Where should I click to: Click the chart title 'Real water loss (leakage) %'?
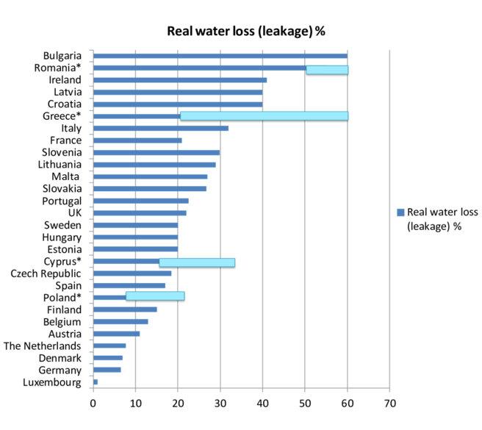click(x=246, y=31)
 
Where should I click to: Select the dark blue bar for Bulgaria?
click(x=220, y=56)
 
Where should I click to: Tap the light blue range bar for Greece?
click(x=264, y=116)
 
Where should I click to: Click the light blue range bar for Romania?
click(x=327, y=70)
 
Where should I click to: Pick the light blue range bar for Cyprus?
click(x=197, y=262)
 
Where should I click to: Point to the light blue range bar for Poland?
click(x=155, y=296)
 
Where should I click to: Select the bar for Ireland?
click(x=179, y=80)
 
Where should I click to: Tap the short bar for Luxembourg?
click(x=96, y=381)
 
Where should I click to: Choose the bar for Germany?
click(x=107, y=369)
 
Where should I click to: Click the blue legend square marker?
click(x=400, y=212)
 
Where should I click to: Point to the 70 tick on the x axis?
click(x=389, y=404)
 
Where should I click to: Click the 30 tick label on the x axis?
click(x=220, y=404)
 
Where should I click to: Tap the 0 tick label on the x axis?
click(x=93, y=404)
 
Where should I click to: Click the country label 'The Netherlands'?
click(x=43, y=345)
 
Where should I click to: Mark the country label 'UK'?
click(x=74, y=212)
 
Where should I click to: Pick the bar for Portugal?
click(x=140, y=201)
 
